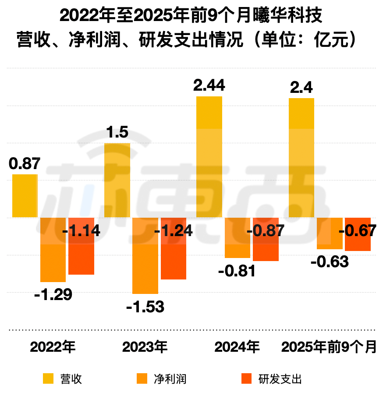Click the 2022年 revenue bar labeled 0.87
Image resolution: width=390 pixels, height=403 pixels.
pyautogui.click(x=25, y=196)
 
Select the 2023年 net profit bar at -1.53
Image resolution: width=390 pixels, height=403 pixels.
pyautogui.click(x=145, y=255)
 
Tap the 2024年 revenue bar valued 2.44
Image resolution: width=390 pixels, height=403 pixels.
pyautogui.click(x=209, y=157)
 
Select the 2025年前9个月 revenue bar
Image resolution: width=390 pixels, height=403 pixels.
pyautogui.click(x=301, y=158)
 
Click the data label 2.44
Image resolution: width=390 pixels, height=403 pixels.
pyautogui.click(x=209, y=86)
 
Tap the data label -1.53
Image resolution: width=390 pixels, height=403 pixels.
pyautogui.click(x=145, y=307)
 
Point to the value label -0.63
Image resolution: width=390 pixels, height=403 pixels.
pyautogui.click(x=330, y=262)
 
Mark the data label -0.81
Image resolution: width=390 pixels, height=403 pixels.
pyautogui.click(x=237, y=271)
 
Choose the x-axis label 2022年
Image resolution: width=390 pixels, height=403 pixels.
pyautogui.click(x=53, y=347)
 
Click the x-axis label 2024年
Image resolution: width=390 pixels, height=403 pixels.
pyautogui.click(x=237, y=347)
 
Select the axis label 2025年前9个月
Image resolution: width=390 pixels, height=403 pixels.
pyautogui.click(x=329, y=347)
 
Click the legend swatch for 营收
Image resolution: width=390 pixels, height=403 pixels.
pyautogui.click(x=48, y=378)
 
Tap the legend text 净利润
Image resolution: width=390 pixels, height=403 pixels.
pyautogui.click(x=170, y=378)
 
